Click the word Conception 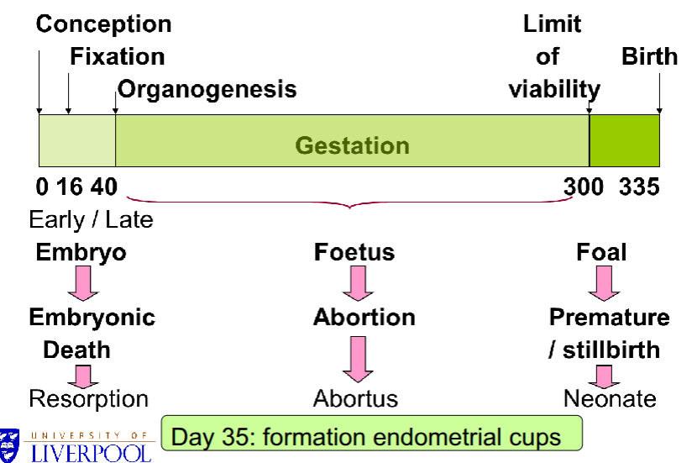pos(103,24)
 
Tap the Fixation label pos(117,56)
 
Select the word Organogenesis pos(207,88)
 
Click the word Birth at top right pos(649,56)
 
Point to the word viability pos(554,89)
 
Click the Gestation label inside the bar pos(352,145)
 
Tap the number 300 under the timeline pos(583,187)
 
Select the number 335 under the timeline pos(639,187)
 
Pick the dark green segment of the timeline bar pos(624,141)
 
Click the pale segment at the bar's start pos(76,141)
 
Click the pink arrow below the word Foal pos(603,284)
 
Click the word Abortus pos(355,397)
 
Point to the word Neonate pos(610,397)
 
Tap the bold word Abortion pos(364,318)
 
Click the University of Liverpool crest pos(11,445)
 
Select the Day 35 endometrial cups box pos(371,436)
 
